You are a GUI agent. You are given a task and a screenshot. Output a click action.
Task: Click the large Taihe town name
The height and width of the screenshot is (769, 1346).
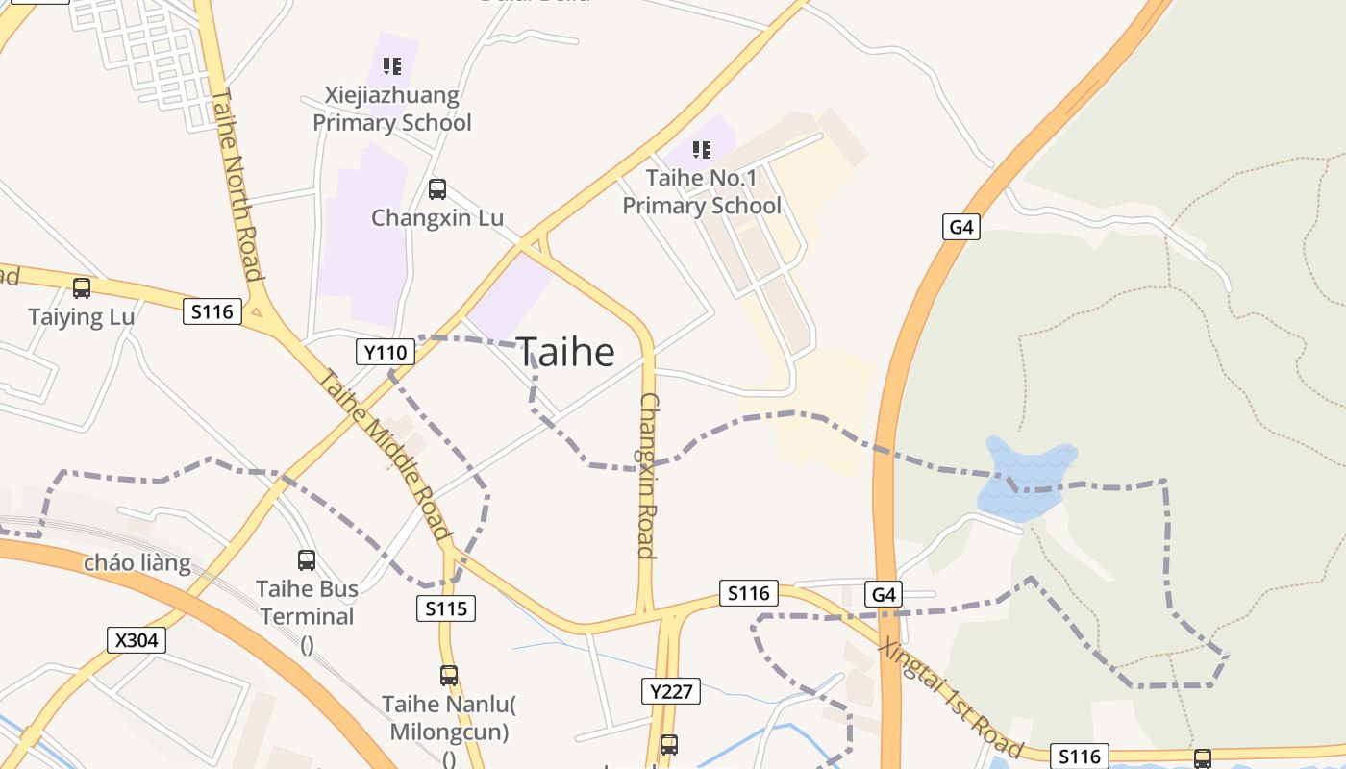pyautogui.click(x=566, y=353)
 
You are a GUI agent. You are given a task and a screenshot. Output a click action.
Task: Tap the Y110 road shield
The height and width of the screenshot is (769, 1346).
pyautogui.click(x=386, y=353)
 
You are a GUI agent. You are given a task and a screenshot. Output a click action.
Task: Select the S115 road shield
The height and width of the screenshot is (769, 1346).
pyautogui.click(x=446, y=608)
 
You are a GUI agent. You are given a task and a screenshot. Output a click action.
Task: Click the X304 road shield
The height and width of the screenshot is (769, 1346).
pyautogui.click(x=137, y=640)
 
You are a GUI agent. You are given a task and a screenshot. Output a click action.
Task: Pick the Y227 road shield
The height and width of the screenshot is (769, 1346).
pyautogui.click(x=671, y=690)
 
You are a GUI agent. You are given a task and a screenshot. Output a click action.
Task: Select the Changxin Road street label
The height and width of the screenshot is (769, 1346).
pyautogui.click(x=647, y=475)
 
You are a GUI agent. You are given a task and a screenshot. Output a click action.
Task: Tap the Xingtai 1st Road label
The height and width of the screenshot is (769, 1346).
pyautogui.click(x=950, y=697)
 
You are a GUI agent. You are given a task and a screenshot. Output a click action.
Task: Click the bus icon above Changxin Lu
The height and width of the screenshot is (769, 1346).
pyautogui.click(x=437, y=189)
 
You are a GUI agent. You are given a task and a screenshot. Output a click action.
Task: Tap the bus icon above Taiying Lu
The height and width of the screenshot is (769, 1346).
pyautogui.click(x=82, y=287)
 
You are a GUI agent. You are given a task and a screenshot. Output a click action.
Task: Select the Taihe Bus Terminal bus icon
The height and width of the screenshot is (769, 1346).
pyautogui.click(x=307, y=559)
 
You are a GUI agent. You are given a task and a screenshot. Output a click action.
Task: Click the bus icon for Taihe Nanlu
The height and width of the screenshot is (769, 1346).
pyautogui.click(x=449, y=675)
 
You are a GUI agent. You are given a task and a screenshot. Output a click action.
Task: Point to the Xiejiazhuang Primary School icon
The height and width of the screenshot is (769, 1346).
pyautogui.click(x=392, y=66)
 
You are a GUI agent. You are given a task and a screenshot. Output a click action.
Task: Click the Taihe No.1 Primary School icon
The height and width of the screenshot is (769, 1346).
pyautogui.click(x=702, y=149)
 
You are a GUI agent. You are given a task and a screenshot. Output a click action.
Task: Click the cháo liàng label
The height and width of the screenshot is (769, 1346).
pyautogui.click(x=137, y=562)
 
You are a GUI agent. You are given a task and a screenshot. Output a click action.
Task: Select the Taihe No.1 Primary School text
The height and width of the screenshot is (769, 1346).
pyautogui.click(x=702, y=191)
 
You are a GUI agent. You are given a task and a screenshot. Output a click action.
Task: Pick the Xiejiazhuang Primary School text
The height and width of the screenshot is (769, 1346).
pyautogui.click(x=392, y=109)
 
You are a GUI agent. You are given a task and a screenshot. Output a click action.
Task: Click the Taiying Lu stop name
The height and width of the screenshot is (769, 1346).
pyautogui.click(x=82, y=316)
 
